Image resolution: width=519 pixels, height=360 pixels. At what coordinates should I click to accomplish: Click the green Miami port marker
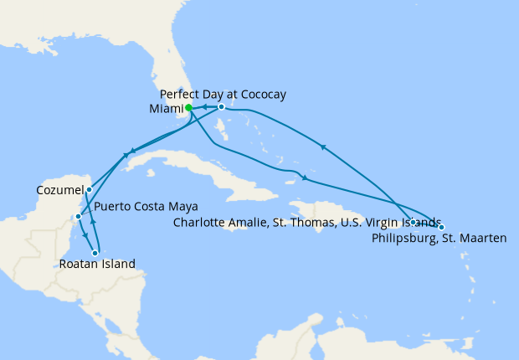[x=189, y=107]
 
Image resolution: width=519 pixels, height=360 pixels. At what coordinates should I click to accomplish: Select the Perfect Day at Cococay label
[x=222, y=94]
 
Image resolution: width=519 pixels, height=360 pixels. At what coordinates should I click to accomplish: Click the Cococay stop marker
[x=221, y=107]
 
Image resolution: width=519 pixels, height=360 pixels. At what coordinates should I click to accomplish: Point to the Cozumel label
[x=60, y=191]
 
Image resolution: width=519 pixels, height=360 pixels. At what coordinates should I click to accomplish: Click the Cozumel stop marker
[x=89, y=190]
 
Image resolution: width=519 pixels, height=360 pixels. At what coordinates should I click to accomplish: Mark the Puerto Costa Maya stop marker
[x=78, y=217]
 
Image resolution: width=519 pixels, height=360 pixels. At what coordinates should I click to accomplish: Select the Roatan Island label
[x=97, y=265]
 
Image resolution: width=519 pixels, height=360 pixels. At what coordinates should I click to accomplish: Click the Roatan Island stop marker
[x=95, y=253]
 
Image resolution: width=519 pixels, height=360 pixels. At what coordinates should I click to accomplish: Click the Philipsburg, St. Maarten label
[x=439, y=239]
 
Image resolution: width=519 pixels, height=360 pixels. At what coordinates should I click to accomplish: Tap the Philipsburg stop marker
[x=441, y=227]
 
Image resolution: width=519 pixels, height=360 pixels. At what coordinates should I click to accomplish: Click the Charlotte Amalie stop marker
[x=414, y=222]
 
